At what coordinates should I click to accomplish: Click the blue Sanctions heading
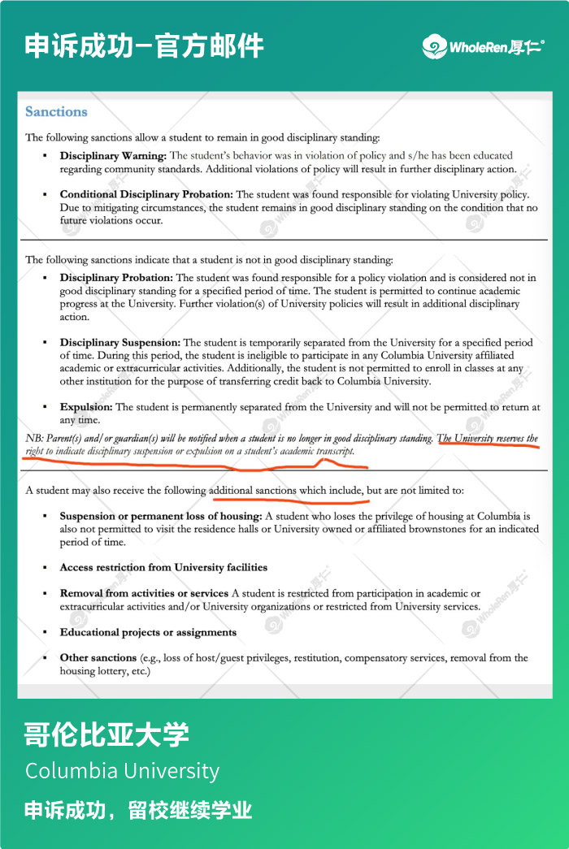[x=56, y=112]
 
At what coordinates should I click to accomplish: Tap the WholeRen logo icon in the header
[x=434, y=46]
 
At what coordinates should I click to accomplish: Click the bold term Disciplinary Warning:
[x=113, y=155]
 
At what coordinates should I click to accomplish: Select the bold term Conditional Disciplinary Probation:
[x=146, y=194]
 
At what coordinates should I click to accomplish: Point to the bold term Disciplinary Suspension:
[x=120, y=343]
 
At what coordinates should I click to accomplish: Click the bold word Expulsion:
[x=86, y=407]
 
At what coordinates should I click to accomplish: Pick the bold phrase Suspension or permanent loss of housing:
[x=160, y=516]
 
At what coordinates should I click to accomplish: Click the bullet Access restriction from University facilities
[x=163, y=567]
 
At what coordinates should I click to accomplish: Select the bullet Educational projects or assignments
[x=148, y=632]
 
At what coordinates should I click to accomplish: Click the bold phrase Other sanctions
[x=98, y=658]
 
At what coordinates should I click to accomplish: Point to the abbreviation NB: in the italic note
[x=34, y=439]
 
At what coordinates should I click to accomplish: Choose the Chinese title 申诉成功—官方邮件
[x=144, y=45]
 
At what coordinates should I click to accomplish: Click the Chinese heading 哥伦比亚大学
[x=106, y=734]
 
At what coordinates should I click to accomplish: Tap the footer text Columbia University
[x=122, y=770]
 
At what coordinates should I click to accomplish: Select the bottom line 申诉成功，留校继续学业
[x=138, y=810]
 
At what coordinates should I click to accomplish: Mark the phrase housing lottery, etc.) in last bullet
[x=105, y=671]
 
